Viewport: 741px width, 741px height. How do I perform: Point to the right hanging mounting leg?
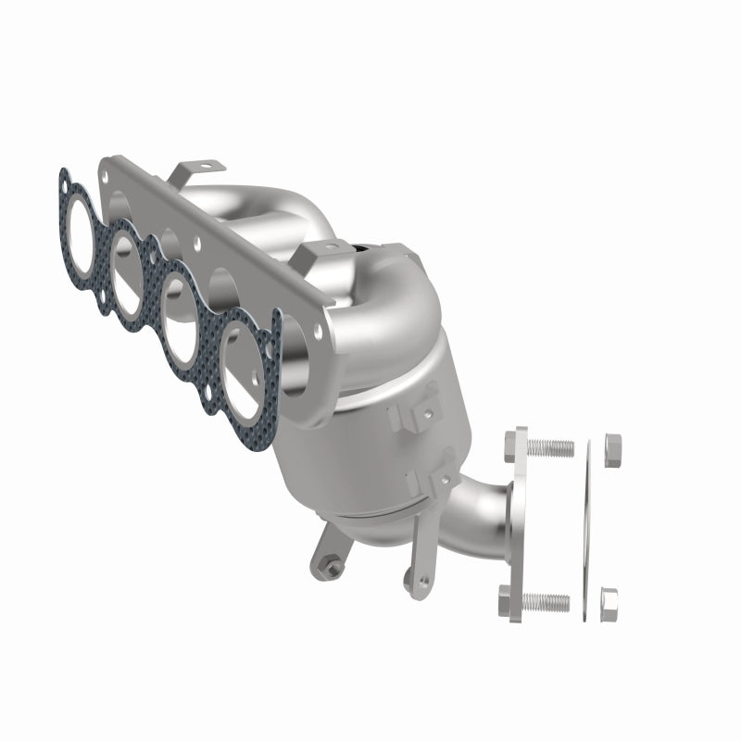tap(408, 574)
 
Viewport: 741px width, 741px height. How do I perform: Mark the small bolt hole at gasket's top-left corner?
tap(64, 173)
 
